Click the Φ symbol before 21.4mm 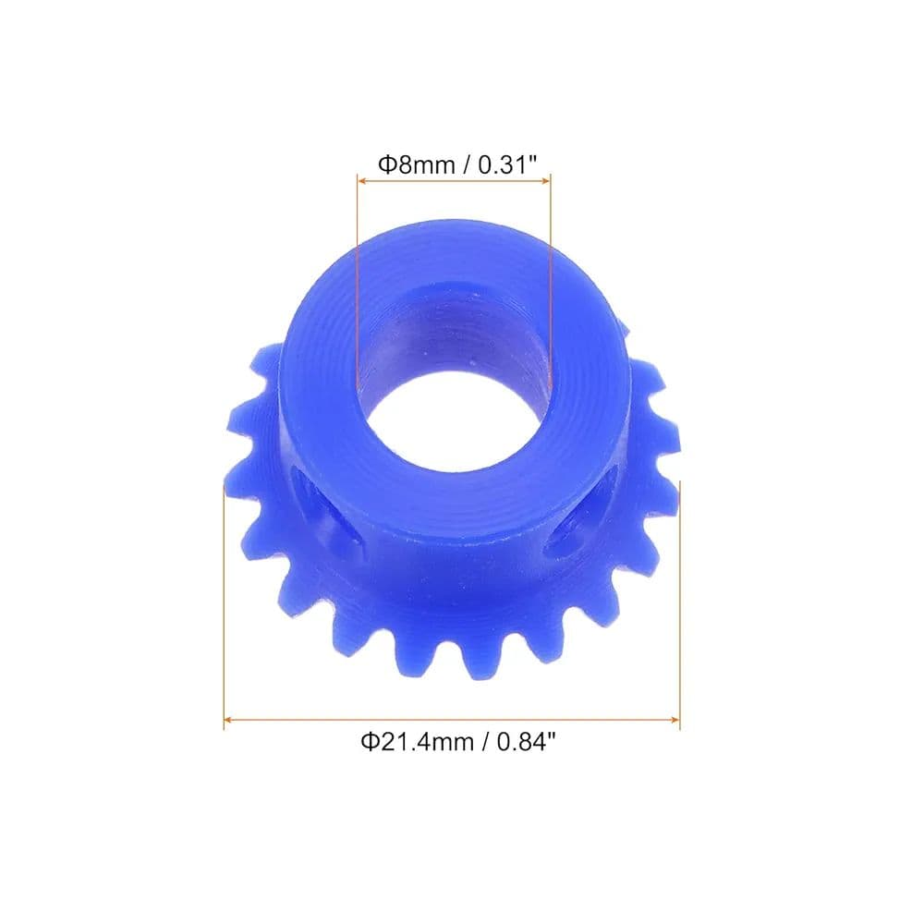(368, 741)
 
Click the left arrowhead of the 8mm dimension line (362, 180)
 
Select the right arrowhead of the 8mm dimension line (546, 180)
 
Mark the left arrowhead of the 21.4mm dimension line (228, 718)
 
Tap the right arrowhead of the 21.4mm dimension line (675, 718)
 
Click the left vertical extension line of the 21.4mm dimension (225, 601)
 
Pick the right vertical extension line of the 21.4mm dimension (680, 601)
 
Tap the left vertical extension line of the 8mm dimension (358, 277)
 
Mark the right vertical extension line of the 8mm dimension (551, 277)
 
